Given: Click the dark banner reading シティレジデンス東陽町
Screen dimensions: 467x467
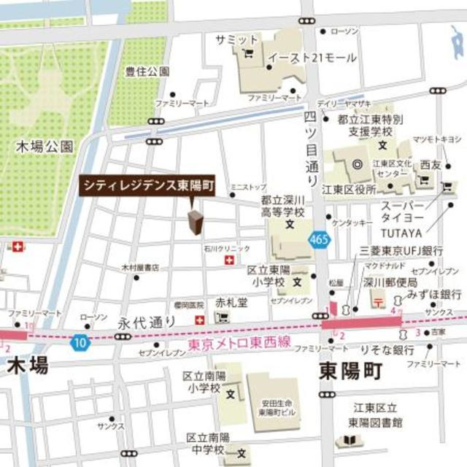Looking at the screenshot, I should click(147, 186).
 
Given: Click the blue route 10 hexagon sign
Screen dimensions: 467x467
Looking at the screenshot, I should click(78, 341).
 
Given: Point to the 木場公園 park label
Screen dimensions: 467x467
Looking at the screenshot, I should click(45, 147).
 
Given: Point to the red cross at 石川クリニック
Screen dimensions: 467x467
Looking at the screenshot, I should click(229, 260).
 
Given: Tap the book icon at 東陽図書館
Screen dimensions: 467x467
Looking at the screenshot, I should click(350, 441).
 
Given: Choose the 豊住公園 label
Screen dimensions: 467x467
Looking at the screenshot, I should click(147, 72).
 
